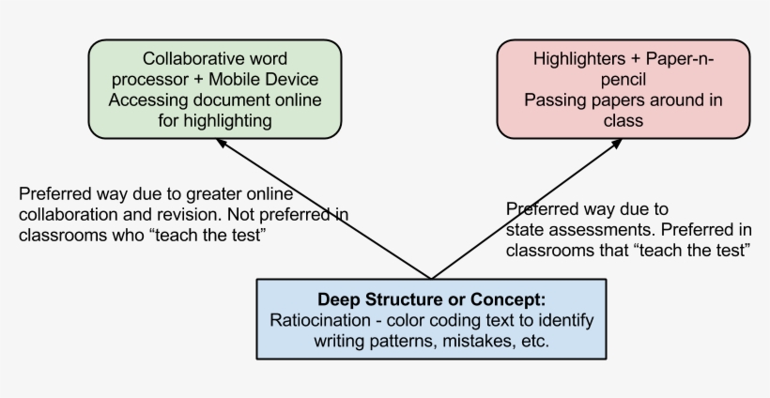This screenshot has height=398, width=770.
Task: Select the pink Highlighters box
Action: [x=624, y=89]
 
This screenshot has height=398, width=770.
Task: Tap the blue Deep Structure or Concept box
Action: [x=431, y=319]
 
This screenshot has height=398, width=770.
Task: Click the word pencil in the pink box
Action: [x=624, y=79]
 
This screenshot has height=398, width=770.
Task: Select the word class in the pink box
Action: [x=624, y=120]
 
